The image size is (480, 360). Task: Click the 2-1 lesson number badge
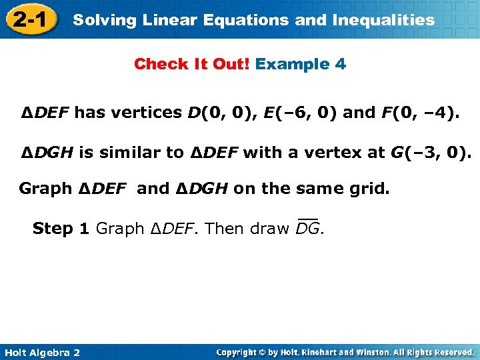(x=29, y=20)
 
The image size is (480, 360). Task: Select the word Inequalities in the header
(x=379, y=20)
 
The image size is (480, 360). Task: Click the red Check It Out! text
(x=192, y=65)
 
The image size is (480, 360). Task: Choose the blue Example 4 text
(x=301, y=65)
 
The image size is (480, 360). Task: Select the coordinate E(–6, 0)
(x=302, y=113)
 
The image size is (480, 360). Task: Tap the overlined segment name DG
(x=309, y=229)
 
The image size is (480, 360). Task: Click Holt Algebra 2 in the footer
(x=41, y=351)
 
